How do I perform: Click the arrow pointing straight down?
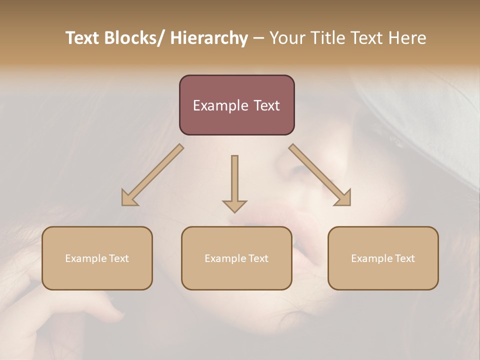[234, 180]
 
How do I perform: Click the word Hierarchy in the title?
[209, 38]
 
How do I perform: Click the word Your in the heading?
[287, 38]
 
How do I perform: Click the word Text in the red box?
[266, 105]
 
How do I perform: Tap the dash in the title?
[258, 38]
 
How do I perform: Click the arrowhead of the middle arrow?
[234, 205]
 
